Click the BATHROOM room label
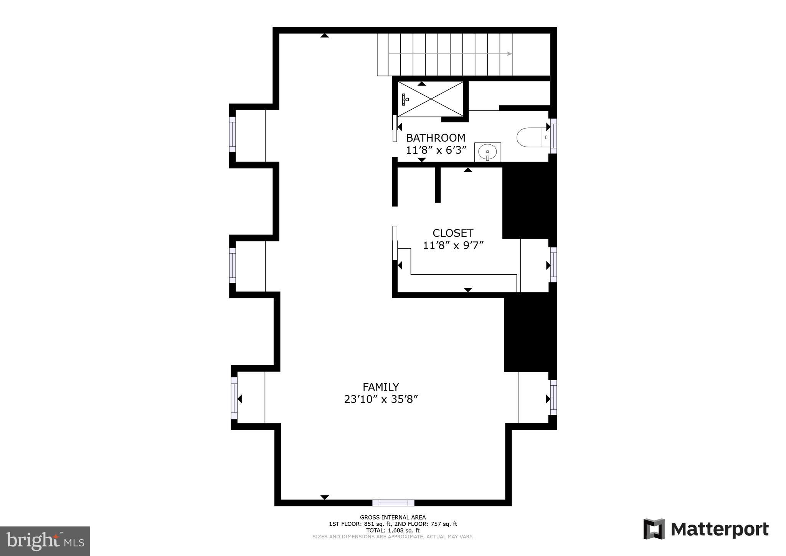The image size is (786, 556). (x=436, y=138)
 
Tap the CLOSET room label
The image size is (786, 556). (x=453, y=233)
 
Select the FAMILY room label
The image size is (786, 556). (x=381, y=387)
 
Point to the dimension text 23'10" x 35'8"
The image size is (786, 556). (x=381, y=399)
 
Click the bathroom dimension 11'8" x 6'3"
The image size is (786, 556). (x=436, y=150)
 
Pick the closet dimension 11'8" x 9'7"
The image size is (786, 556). (x=453, y=245)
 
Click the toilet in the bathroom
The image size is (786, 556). (x=532, y=137)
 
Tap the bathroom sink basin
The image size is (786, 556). (x=488, y=152)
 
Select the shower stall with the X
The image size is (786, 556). (x=430, y=99)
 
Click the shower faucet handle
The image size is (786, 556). (x=405, y=99)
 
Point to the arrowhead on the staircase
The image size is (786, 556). (x=509, y=54)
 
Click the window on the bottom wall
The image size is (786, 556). (x=393, y=503)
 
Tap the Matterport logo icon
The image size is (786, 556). (x=654, y=529)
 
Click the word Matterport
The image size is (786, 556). (x=720, y=530)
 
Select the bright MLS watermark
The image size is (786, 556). (x=45, y=541)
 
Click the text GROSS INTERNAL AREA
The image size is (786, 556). (x=393, y=517)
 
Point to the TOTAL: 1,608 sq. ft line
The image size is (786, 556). (x=393, y=530)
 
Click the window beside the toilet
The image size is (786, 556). (x=553, y=136)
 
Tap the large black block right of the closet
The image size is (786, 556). (x=529, y=203)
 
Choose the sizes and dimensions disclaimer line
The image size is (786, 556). (x=393, y=537)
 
